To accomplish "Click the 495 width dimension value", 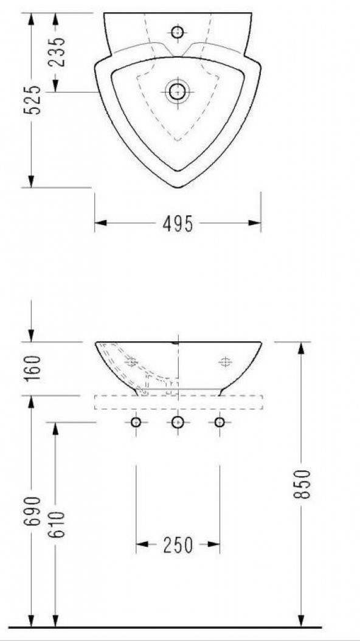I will coord(178,224).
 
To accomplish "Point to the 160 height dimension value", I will coord(33,367).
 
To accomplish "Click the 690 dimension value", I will coord(33,511).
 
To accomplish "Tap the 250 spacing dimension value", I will coord(178,545).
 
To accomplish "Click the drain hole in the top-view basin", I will coord(178,92).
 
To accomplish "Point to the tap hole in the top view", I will coord(178,32).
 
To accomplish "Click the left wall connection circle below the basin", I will coord(136,422).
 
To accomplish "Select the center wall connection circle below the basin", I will coord(178,422).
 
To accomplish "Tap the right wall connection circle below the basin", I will coord(220,422).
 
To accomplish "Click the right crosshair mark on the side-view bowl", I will coord(225,362).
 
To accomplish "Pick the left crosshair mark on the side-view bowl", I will coord(131,362).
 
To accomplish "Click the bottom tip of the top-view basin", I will coord(178,187).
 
